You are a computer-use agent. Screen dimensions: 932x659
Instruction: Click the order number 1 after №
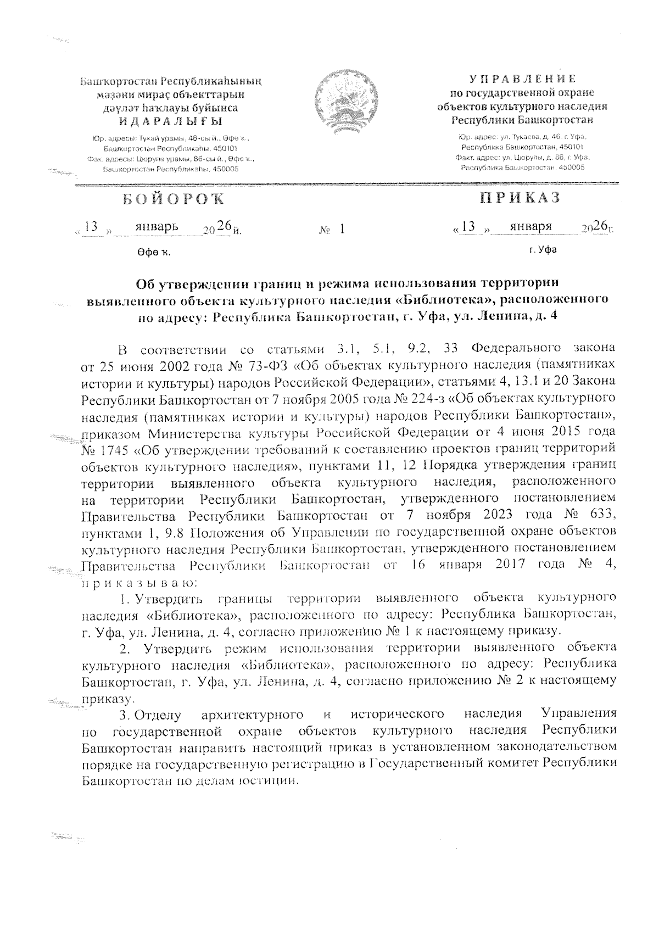(342, 228)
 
